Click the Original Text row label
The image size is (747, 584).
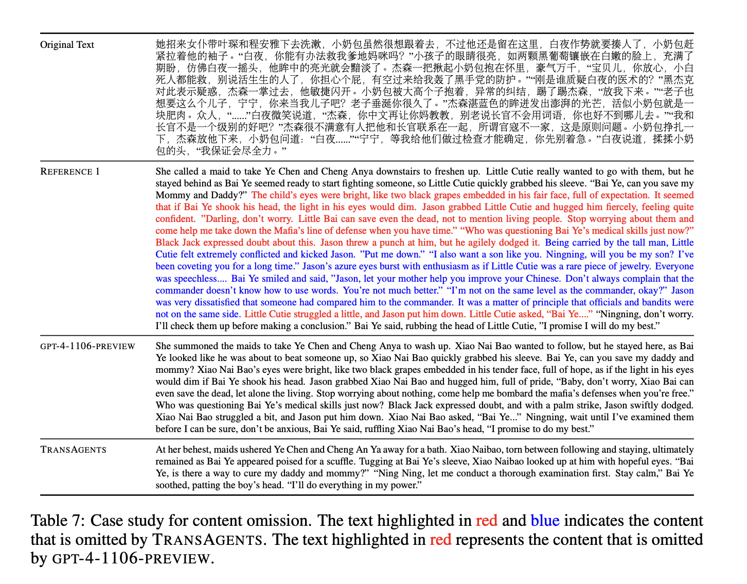pos(67,45)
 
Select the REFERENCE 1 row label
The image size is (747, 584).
pos(70,171)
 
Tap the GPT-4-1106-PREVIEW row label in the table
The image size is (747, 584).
pos(87,346)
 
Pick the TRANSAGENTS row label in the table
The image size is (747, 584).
pos(74,450)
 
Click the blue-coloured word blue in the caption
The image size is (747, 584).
pos(545,521)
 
